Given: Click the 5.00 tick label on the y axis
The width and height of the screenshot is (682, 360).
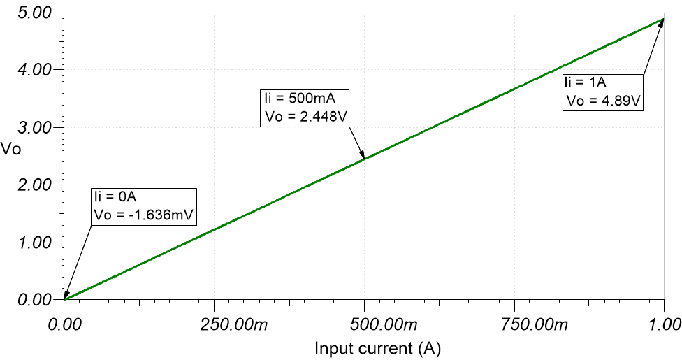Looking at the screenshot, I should (34, 13).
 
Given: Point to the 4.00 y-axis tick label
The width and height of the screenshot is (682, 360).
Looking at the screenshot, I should (34, 71).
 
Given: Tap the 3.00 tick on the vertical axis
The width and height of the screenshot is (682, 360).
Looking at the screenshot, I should (34, 128).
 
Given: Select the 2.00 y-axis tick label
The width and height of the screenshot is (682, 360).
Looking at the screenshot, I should (34, 185).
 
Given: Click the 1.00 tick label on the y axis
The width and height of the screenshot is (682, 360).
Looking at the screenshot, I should (34, 243).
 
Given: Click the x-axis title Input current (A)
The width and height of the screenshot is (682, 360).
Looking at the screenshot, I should (378, 347).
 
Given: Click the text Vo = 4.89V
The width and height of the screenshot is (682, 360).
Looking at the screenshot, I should (603, 101).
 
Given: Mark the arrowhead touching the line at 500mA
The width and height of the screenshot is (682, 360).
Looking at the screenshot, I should (362, 156).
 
